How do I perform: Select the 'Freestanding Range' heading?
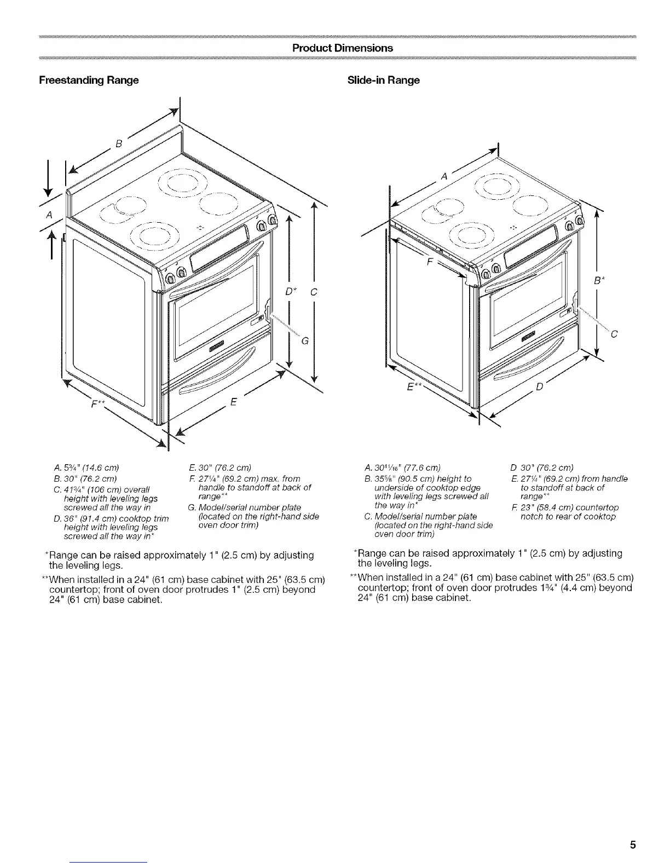pos(89,80)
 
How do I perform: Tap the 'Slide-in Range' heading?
pos(384,80)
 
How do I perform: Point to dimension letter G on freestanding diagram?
pos(305,342)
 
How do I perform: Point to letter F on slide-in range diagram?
pos(430,262)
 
